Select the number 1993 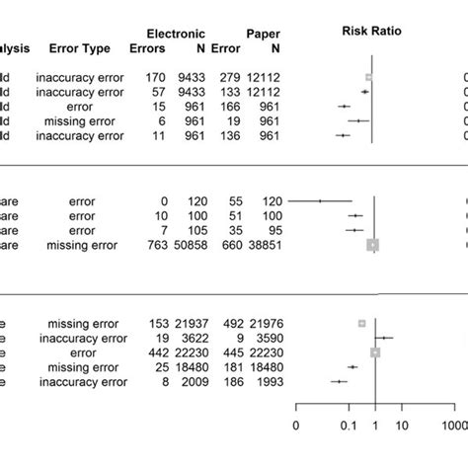(x=265, y=381)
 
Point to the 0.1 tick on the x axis (x=348, y=426)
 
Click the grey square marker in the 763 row (x=372, y=245)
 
